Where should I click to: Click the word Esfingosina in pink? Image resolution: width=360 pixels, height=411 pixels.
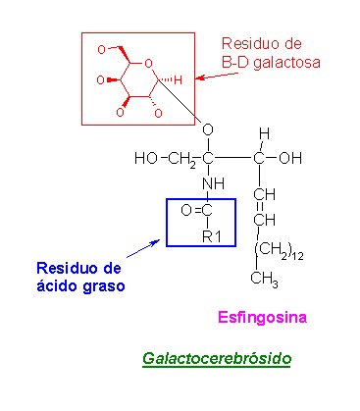pyautogui.click(x=262, y=318)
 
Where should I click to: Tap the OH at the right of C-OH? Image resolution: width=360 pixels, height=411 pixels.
pyautogui.click(x=291, y=158)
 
